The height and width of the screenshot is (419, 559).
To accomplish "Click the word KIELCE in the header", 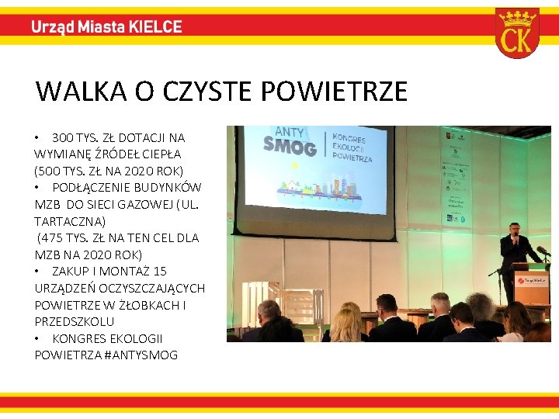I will (155, 26).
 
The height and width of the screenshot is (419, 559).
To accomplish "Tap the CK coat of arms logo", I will (517, 33).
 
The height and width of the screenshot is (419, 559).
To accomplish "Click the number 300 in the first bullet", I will (64, 137).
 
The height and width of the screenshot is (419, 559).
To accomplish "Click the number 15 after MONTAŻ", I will (160, 272).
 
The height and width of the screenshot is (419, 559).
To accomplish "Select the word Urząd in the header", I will (53, 26).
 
